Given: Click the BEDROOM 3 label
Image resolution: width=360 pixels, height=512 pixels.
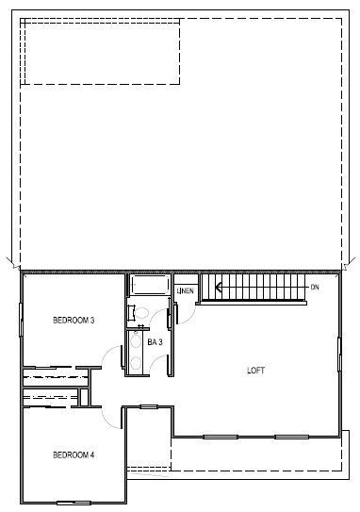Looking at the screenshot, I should [x=73, y=321].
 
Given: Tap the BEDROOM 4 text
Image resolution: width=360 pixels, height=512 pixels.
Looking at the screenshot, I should [x=73, y=455].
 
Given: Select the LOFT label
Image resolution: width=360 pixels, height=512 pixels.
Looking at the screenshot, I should [x=255, y=370].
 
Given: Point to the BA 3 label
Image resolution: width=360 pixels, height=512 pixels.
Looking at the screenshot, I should [x=155, y=342].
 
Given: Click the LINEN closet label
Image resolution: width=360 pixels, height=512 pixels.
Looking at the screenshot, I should [x=186, y=291].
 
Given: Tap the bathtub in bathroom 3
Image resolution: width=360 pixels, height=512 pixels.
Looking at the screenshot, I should [x=148, y=286].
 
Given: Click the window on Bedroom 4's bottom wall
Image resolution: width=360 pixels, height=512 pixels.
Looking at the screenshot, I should [x=73, y=501].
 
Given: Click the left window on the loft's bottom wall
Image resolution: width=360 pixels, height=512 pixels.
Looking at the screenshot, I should [x=219, y=436].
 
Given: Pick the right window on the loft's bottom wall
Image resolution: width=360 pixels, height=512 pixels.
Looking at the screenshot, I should [x=291, y=436].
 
